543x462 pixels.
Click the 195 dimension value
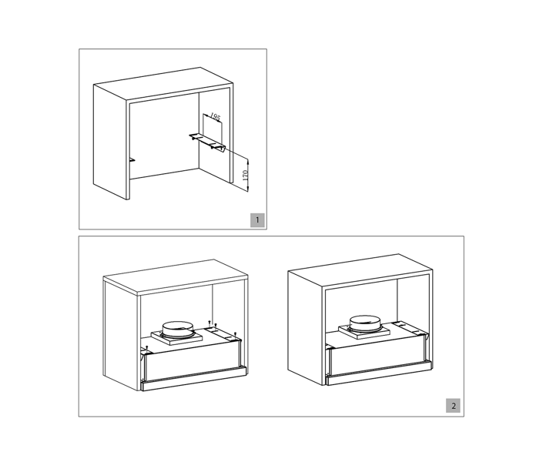pyautogui.click(x=215, y=117)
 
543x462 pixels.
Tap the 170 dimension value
pyautogui.click(x=246, y=175)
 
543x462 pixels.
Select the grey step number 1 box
pyautogui.click(x=257, y=220)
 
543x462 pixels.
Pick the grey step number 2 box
pyautogui.click(x=453, y=406)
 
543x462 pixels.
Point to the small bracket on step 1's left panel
pyautogui.click(x=132, y=160)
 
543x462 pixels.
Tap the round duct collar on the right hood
pyautogui.click(x=364, y=323)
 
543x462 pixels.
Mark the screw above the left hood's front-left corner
pyautogui.click(x=147, y=347)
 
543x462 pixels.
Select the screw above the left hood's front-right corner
pyautogui.click(x=236, y=334)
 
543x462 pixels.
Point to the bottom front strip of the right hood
pyautogui.click(x=379, y=373)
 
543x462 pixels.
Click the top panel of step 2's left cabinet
pyautogui.click(x=176, y=277)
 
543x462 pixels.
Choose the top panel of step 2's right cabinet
pyautogui.click(x=360, y=270)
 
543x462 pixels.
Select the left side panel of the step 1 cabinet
pyautogui.click(x=110, y=142)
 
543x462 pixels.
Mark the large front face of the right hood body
pyautogui.click(x=377, y=354)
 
